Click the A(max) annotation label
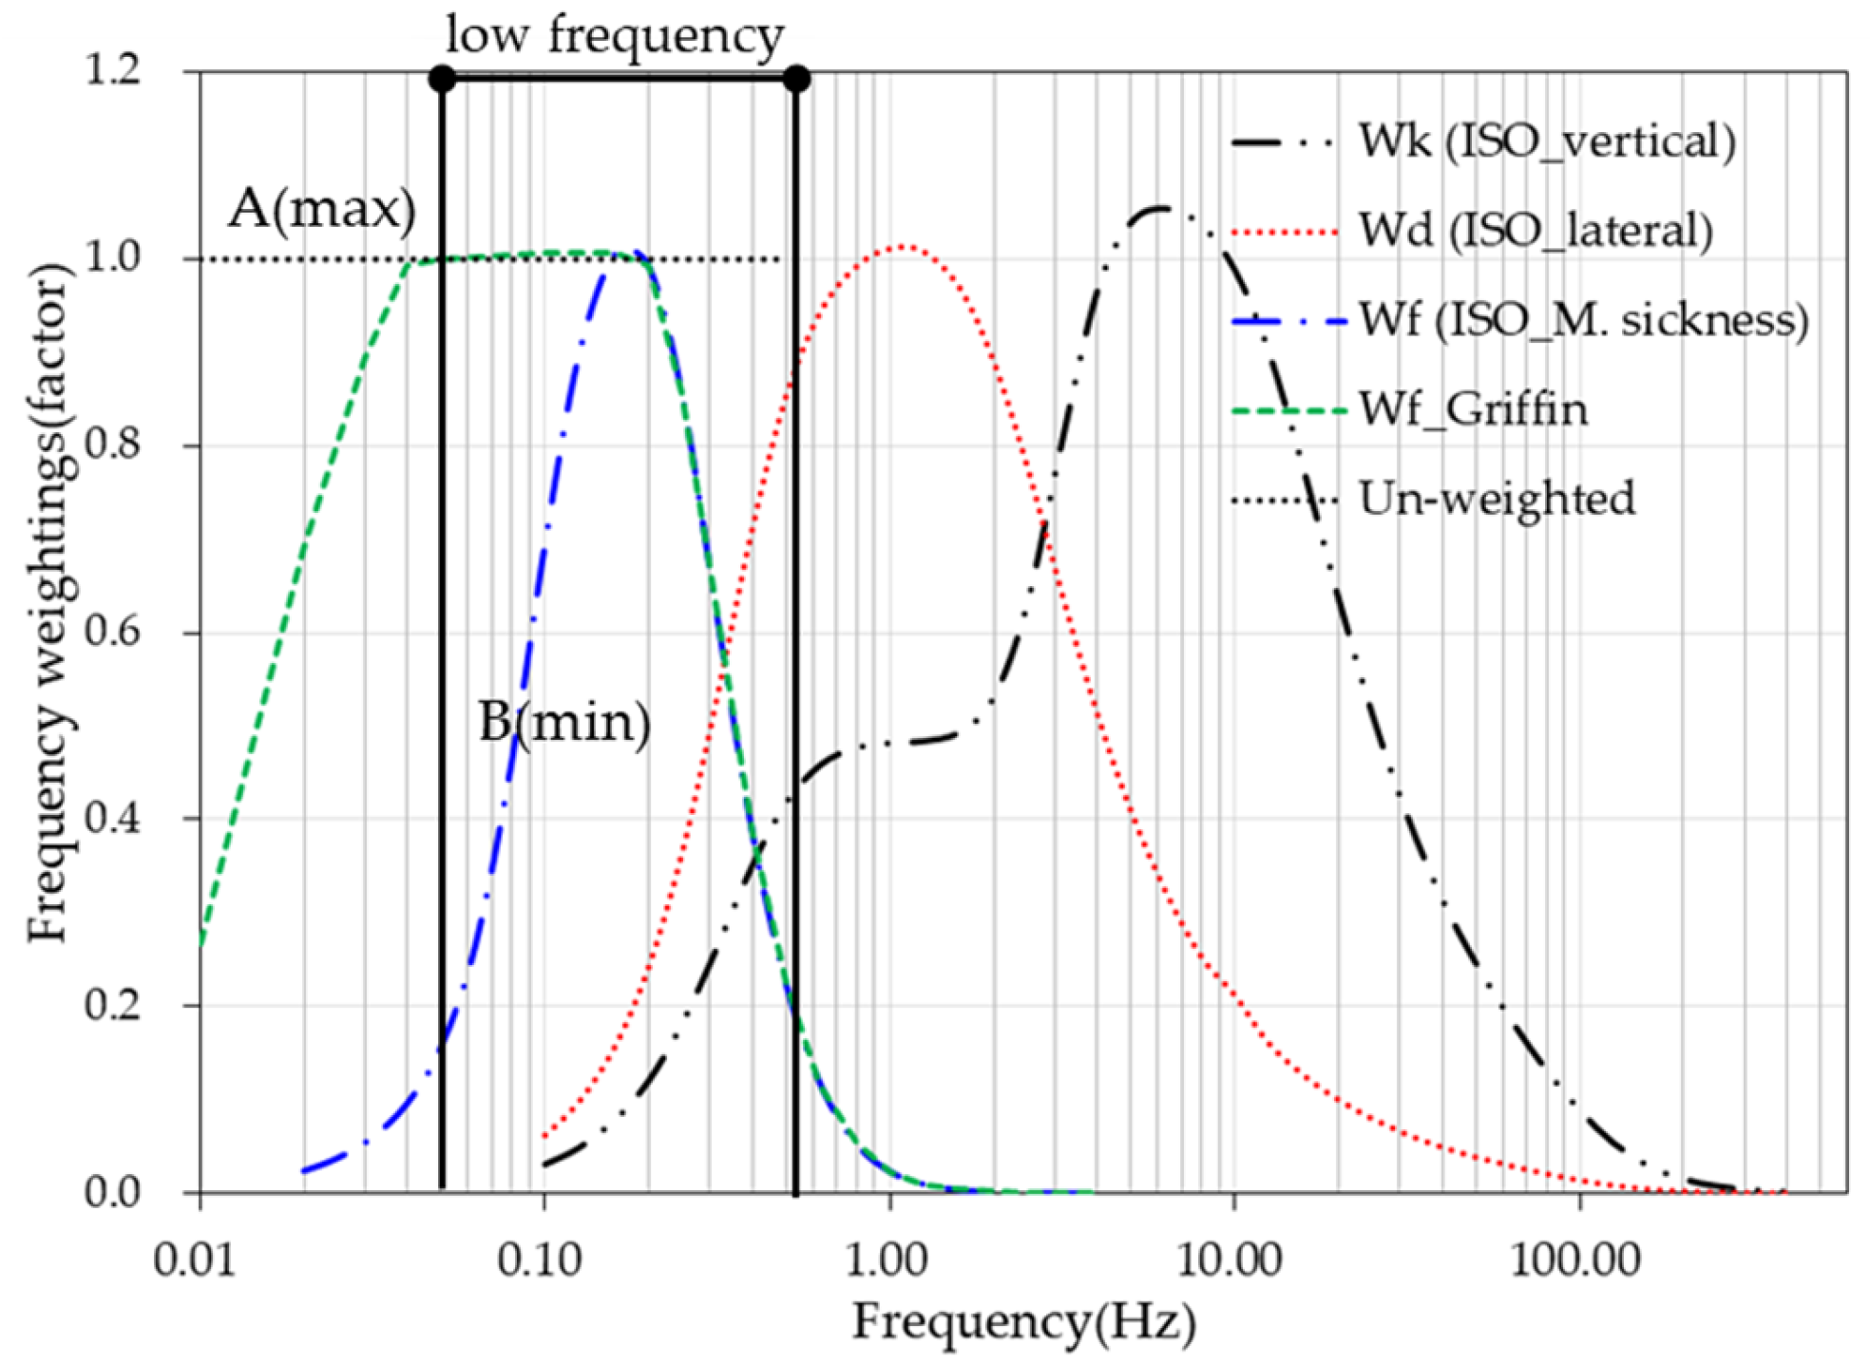[x=321, y=207]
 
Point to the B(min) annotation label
[x=564, y=722]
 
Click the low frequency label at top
[x=615, y=36]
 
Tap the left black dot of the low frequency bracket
[x=442, y=78]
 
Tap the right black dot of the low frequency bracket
[x=796, y=78]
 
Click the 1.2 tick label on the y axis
[x=112, y=70]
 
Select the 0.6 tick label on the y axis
[x=112, y=632]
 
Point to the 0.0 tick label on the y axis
[x=112, y=1192]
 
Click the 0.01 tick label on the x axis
[x=194, y=1260]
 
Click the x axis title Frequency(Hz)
[x=1023, y=1321]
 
